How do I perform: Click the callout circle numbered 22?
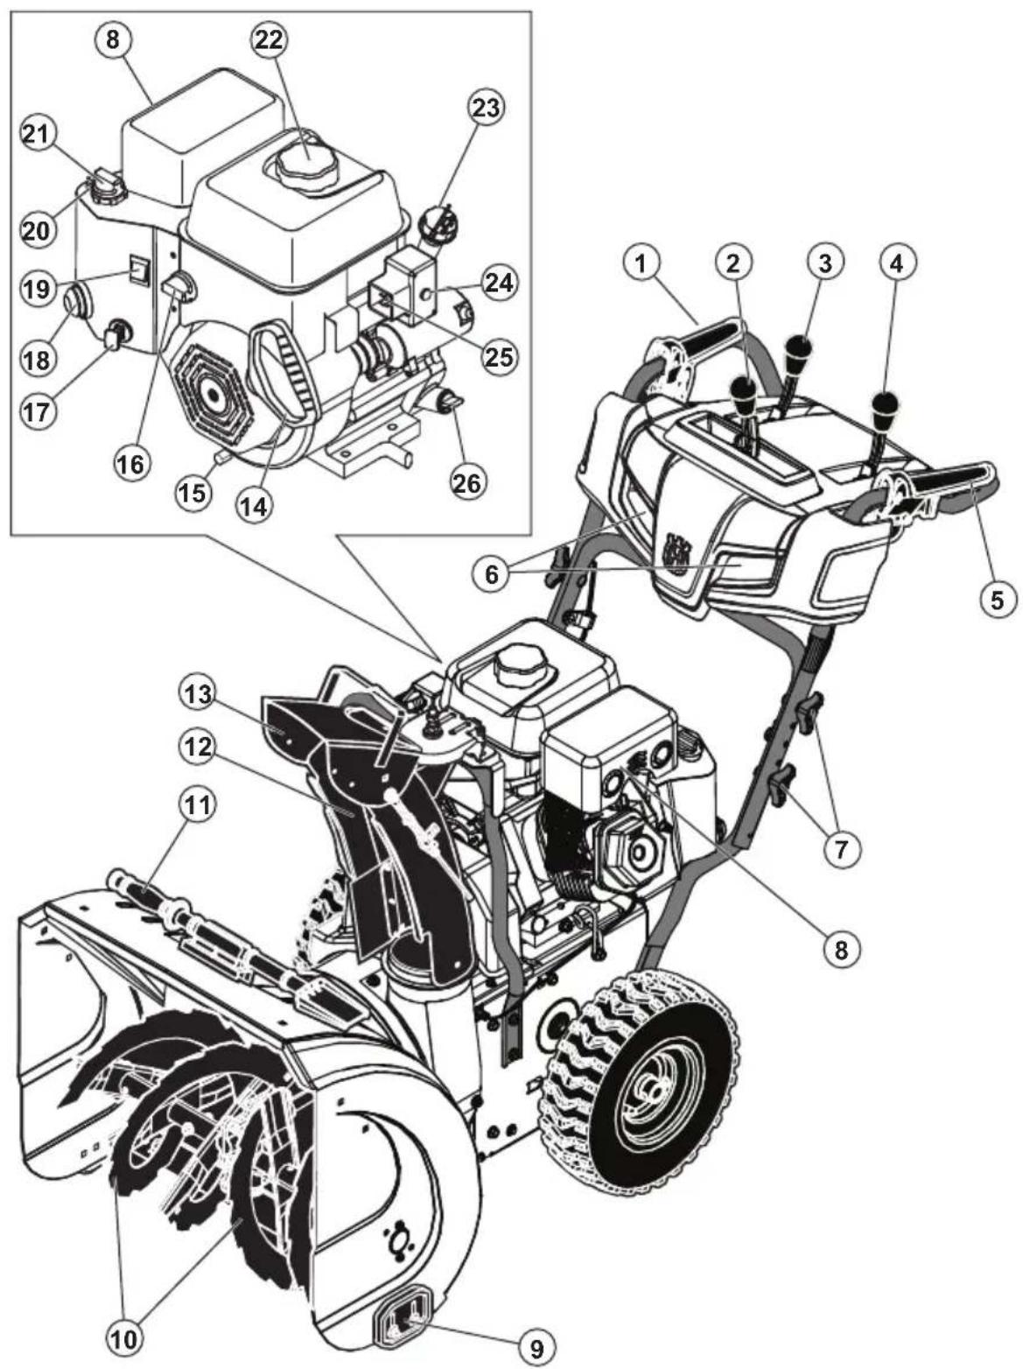pyautogui.click(x=270, y=40)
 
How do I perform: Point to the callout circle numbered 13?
pyautogui.click(x=200, y=692)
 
